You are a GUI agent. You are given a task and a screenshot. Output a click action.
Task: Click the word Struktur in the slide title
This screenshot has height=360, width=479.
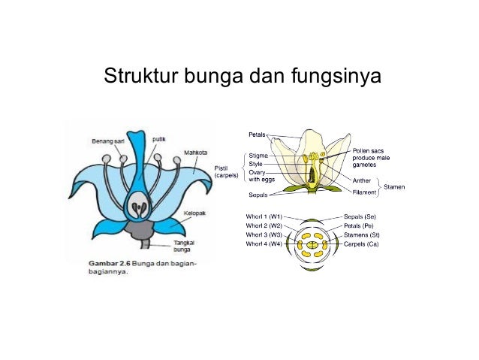pos(131,77)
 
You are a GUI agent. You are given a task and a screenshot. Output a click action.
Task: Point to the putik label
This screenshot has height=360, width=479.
pos(159,139)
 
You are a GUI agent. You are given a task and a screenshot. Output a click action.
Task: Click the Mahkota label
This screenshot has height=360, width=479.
pos(197,152)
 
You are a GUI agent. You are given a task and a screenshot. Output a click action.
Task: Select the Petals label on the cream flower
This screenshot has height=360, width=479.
pos(258,135)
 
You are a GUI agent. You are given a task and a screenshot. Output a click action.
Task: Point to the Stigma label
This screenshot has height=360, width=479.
pos(258,156)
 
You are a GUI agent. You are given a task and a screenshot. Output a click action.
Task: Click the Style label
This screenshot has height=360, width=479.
pos(256,164)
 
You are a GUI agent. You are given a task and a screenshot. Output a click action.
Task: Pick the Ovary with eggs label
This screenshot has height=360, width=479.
pos(260,176)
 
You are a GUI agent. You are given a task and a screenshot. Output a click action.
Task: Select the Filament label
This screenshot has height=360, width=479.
pos(365,192)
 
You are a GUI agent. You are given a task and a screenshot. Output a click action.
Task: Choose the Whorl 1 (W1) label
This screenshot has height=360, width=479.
pos(264,216)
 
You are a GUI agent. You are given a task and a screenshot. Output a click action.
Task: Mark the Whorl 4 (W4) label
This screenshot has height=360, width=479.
pos(264,244)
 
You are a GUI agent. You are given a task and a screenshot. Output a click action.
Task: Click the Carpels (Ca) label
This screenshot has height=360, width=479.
pos(361,244)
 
